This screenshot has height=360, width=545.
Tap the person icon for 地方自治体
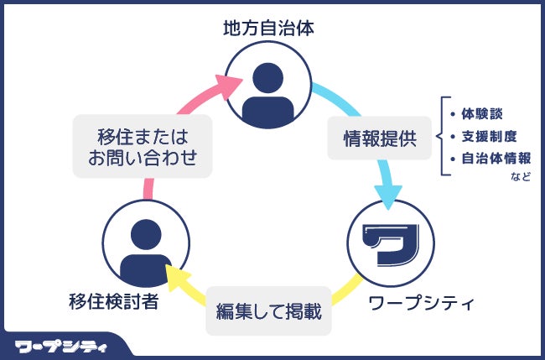(x=268, y=84)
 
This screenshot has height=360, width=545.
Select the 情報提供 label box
(x=380, y=139)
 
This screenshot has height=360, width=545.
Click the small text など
(x=520, y=176)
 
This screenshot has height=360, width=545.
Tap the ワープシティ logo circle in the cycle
(x=391, y=243)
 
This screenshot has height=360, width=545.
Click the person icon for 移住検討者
(x=144, y=251)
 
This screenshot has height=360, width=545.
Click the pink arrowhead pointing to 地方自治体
(x=228, y=85)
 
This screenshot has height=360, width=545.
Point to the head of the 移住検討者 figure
(x=144, y=233)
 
